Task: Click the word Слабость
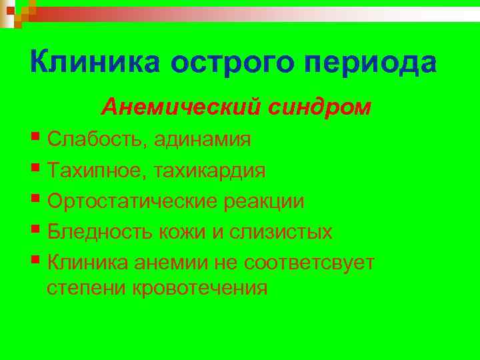tap(97, 140)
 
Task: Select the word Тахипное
tap(97, 171)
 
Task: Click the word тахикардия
tap(210, 171)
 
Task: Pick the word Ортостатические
tap(129, 201)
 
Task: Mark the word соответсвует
tap(309, 263)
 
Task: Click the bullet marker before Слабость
tap(35, 138)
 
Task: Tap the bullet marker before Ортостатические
tap(35, 199)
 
